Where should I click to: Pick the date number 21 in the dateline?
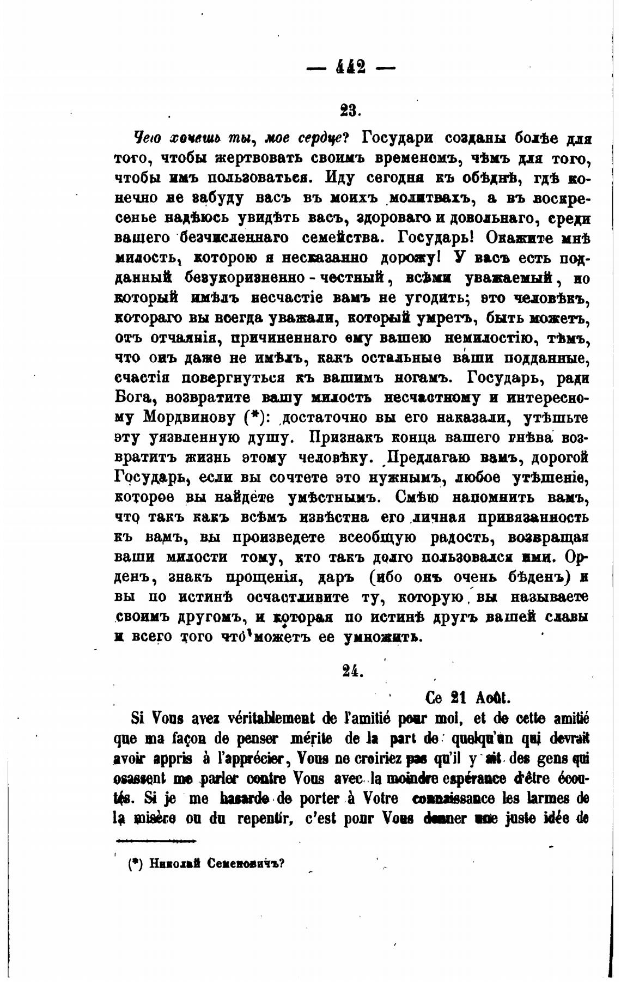coord(461,698)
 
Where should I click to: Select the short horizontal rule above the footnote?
coord(157,840)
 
